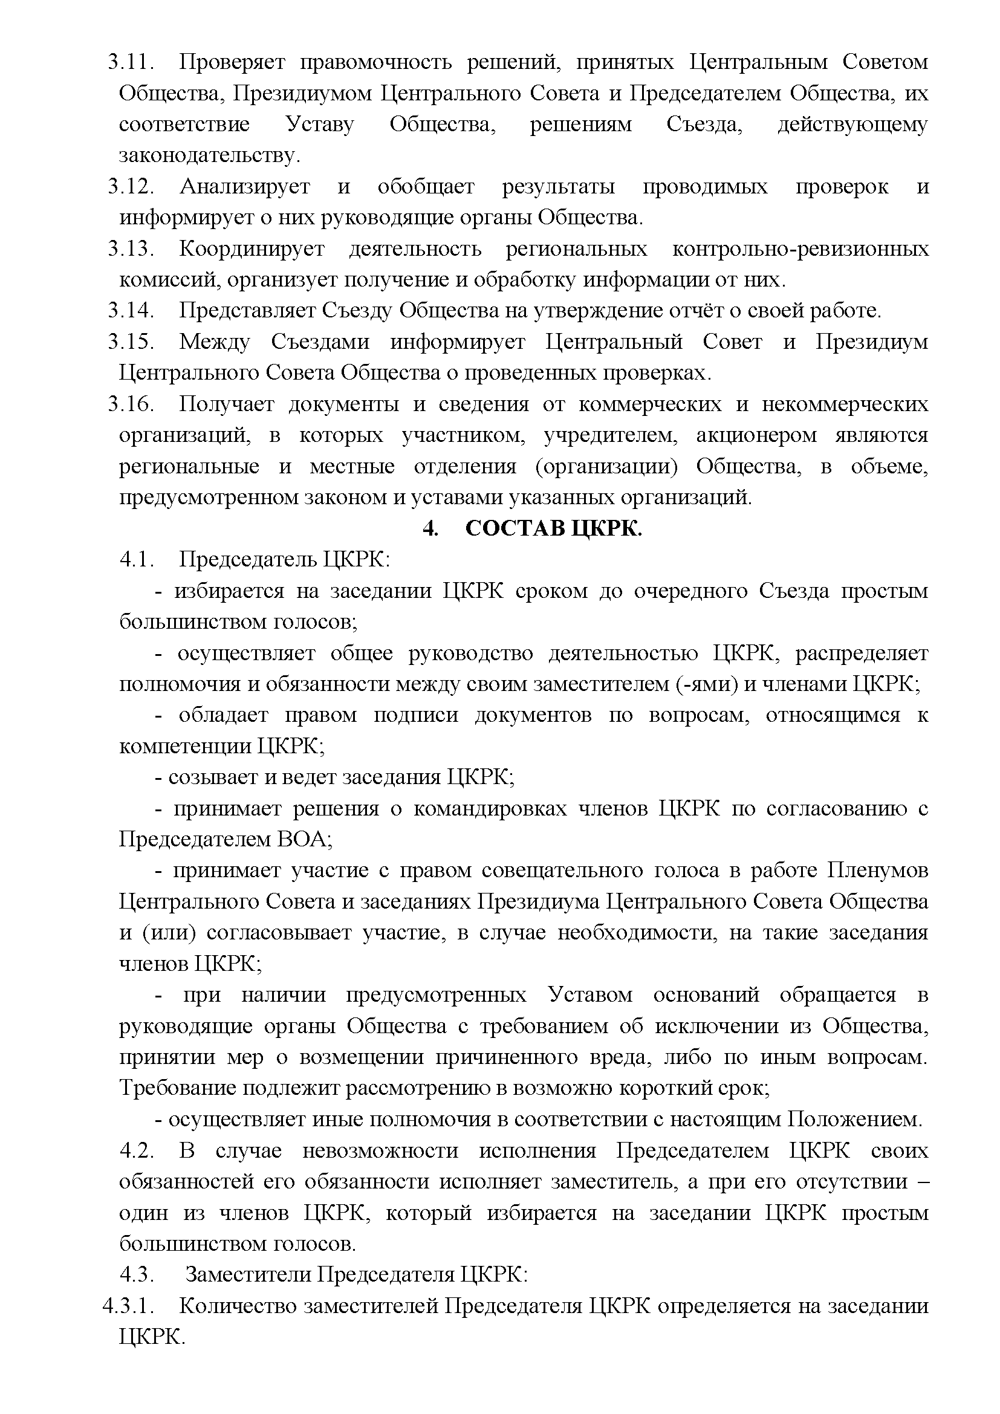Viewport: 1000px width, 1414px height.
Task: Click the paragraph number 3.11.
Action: pos(130,62)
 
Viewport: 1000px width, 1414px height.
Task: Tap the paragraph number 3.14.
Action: pos(130,310)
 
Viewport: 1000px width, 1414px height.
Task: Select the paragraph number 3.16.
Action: pos(130,404)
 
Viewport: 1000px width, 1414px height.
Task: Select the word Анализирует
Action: pos(244,187)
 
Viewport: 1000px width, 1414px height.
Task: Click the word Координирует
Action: pos(252,249)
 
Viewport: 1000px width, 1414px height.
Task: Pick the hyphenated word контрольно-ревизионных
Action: pos(800,249)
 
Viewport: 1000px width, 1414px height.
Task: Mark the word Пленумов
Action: pos(877,870)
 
